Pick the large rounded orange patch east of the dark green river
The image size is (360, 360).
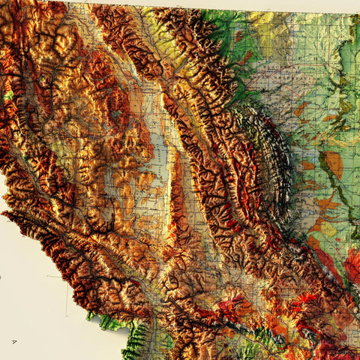click(x=334, y=164)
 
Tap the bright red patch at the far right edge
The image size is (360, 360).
click(x=352, y=266)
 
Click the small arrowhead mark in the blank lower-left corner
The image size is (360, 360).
click(x=15, y=341)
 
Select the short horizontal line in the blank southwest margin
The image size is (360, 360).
click(x=52, y=277)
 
